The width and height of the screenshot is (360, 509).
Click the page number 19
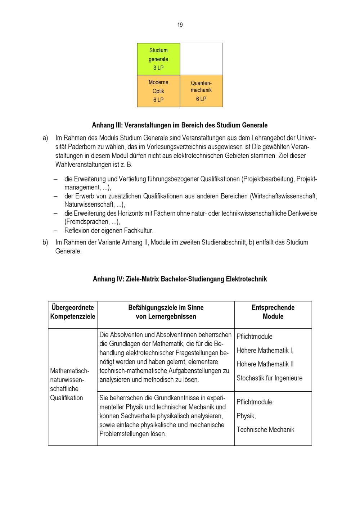click(180, 25)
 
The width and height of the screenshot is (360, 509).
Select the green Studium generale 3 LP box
click(158, 59)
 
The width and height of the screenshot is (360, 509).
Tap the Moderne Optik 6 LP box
click(158, 91)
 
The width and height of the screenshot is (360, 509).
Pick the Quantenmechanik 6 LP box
click(201, 91)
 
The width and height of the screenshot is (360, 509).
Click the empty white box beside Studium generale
click(201, 59)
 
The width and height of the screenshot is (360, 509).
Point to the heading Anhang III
click(180, 125)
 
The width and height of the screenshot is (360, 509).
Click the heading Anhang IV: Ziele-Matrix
click(180, 279)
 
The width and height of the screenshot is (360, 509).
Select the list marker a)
click(45, 138)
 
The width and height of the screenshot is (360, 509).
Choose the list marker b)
click(45, 242)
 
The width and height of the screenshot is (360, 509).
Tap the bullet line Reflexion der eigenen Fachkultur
click(109, 231)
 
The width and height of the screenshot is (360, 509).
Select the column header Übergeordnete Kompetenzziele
click(73, 312)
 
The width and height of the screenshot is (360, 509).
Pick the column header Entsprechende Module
click(273, 312)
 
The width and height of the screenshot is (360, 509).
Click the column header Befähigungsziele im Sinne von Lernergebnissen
click(166, 312)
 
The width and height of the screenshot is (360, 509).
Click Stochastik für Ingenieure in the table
click(269, 378)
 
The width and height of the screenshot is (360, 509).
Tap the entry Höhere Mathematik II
click(265, 364)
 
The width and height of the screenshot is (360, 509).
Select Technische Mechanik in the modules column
click(265, 429)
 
